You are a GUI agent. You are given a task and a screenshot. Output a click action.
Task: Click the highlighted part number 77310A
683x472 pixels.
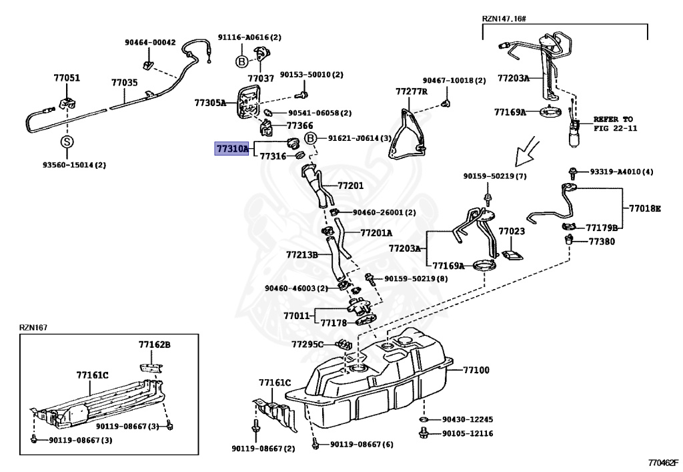(x=231, y=149)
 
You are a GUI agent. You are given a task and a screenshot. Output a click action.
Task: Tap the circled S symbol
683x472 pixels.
(x=67, y=142)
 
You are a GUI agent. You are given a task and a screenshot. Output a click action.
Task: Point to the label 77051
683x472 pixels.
(x=67, y=78)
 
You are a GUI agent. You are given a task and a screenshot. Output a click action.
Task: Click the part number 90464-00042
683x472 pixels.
(x=150, y=42)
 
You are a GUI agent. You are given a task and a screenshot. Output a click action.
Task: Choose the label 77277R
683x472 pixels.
(x=411, y=91)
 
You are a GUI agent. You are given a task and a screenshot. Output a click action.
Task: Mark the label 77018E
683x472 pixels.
(x=644, y=208)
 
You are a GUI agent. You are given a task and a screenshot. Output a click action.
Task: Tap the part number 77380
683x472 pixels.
(x=602, y=241)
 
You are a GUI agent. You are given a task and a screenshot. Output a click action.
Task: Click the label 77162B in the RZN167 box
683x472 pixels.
(x=155, y=345)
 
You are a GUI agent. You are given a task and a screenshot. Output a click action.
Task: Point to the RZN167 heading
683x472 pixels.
(x=33, y=327)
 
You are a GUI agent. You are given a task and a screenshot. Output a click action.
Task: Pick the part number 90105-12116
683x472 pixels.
(x=468, y=433)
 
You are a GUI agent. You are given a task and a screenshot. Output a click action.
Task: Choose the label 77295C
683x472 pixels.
(x=307, y=344)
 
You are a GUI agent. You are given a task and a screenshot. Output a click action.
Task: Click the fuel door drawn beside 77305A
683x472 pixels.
(x=247, y=102)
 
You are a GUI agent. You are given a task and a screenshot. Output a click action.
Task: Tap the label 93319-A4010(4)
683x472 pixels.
(x=621, y=172)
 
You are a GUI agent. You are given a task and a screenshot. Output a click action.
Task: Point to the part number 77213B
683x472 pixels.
(x=302, y=254)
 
